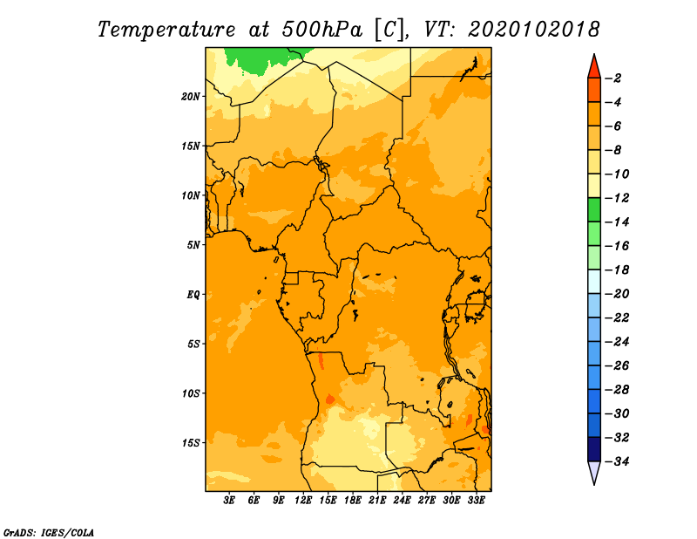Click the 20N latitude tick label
tap(190, 97)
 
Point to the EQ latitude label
tap(193, 295)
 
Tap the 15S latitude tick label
tap(191, 443)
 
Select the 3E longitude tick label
tap(229, 501)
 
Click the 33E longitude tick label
tap(476, 501)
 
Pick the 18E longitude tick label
tap(353, 501)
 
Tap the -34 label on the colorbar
tap(617, 461)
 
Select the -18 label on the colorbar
tap(617, 270)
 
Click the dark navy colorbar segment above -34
tap(594, 449)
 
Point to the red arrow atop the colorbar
tap(594, 66)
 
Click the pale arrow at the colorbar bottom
tap(594, 473)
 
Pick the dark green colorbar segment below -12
tap(594, 210)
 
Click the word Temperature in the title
tap(166, 30)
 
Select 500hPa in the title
tap(322, 30)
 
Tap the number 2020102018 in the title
tap(534, 30)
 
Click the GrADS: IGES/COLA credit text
tap(49, 533)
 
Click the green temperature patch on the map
tap(262, 59)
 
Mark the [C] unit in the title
tap(389, 31)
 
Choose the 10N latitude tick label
tap(190, 195)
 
